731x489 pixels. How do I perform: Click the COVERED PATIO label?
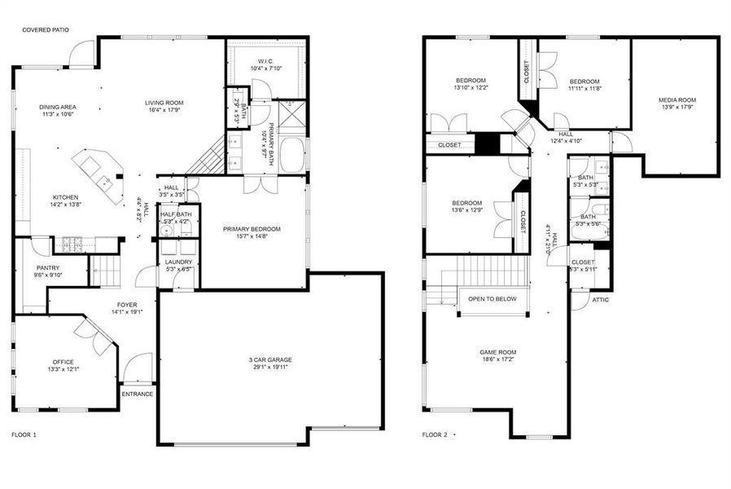tap(46, 30)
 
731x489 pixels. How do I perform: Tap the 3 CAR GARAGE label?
tap(271, 359)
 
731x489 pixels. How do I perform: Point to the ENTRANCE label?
tap(137, 394)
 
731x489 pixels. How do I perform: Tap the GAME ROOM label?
tap(498, 353)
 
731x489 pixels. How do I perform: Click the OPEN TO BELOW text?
tap(492, 299)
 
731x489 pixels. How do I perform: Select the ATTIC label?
tap(600, 300)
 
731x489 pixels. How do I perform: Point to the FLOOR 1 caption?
tap(24, 435)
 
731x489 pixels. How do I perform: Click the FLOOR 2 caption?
tap(435, 435)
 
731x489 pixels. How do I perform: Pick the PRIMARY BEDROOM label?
tap(252, 229)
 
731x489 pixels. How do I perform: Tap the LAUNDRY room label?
tap(178, 262)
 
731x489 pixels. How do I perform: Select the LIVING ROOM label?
tap(164, 103)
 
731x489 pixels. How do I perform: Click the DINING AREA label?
tap(57, 107)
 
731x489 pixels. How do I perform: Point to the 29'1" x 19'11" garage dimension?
tap(271, 368)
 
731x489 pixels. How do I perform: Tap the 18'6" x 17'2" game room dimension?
tap(498, 361)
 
